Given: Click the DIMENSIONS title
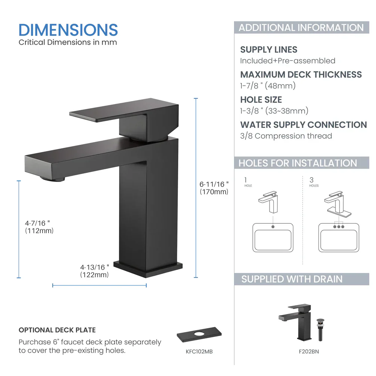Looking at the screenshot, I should (x=68, y=30).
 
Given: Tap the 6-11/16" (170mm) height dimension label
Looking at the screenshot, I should (x=214, y=188).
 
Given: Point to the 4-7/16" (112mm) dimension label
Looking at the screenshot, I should (x=39, y=227).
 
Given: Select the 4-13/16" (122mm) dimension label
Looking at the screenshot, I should (x=95, y=271).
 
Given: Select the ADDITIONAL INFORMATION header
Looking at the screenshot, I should (x=301, y=27).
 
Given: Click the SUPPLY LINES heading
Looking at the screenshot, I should (x=268, y=50).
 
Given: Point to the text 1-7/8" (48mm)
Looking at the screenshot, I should (x=268, y=86).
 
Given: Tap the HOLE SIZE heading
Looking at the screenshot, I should (x=261, y=100).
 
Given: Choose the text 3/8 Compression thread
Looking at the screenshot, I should (x=286, y=136).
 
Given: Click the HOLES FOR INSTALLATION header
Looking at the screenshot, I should (x=298, y=163).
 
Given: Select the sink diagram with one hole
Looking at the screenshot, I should (x=273, y=238).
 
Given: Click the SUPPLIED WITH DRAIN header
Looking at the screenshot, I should (x=292, y=279).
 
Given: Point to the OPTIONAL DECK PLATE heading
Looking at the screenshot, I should (x=57, y=330).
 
